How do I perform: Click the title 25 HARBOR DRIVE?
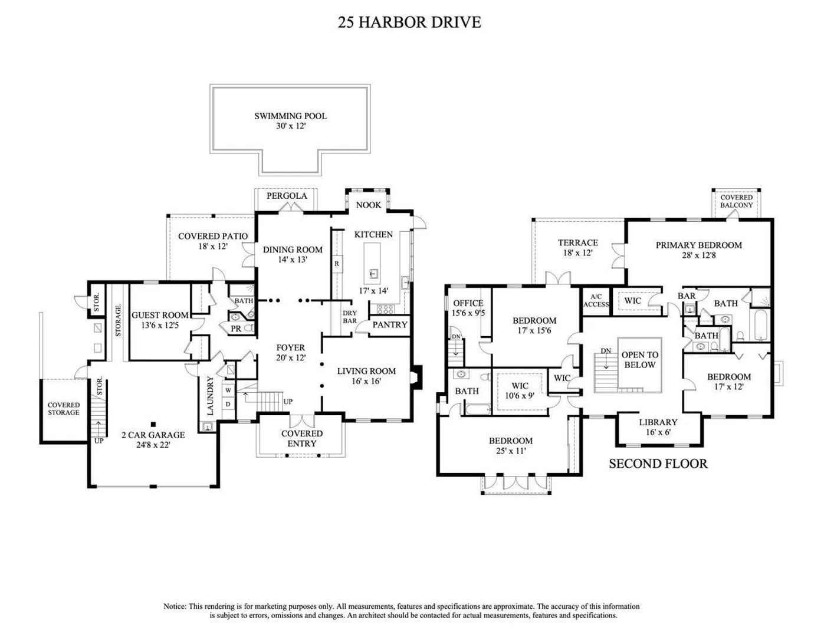(409, 22)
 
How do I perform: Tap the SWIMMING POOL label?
(290, 116)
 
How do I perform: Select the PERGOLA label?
(287, 196)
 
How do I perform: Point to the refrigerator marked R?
(337, 264)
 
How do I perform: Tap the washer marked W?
(228, 390)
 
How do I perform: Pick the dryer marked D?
(228, 404)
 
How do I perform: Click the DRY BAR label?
(350, 317)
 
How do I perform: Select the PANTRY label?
(390, 324)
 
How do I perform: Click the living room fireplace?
(417, 377)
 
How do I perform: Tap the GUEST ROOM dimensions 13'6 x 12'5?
(160, 325)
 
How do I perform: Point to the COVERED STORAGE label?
(64, 409)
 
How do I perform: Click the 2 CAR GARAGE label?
(153, 435)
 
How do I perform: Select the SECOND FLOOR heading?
(658, 464)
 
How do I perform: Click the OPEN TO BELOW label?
(640, 360)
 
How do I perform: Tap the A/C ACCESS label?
(596, 301)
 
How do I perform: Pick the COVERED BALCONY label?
(736, 201)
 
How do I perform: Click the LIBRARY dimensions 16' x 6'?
(658, 432)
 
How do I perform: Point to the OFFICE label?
(468, 303)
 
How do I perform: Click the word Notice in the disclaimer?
(175, 606)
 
